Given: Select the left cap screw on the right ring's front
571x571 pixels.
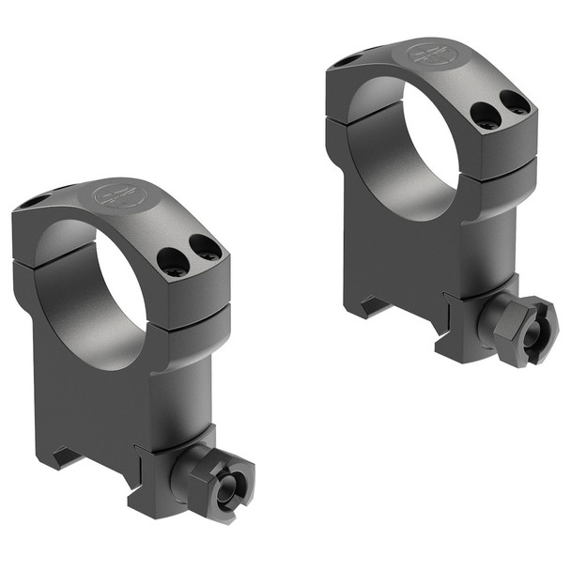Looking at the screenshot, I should click(485, 114).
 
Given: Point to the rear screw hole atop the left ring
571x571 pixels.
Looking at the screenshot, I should click(34, 201).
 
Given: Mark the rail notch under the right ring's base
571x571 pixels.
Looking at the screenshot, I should click(377, 305).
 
